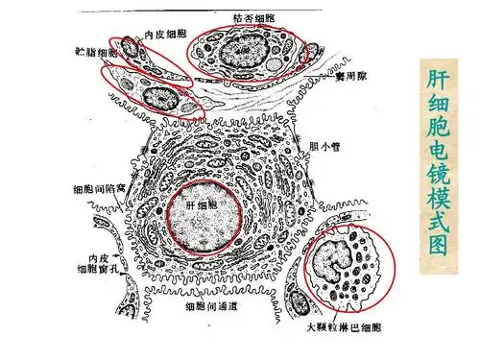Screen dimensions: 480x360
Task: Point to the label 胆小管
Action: click(x=327, y=147)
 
